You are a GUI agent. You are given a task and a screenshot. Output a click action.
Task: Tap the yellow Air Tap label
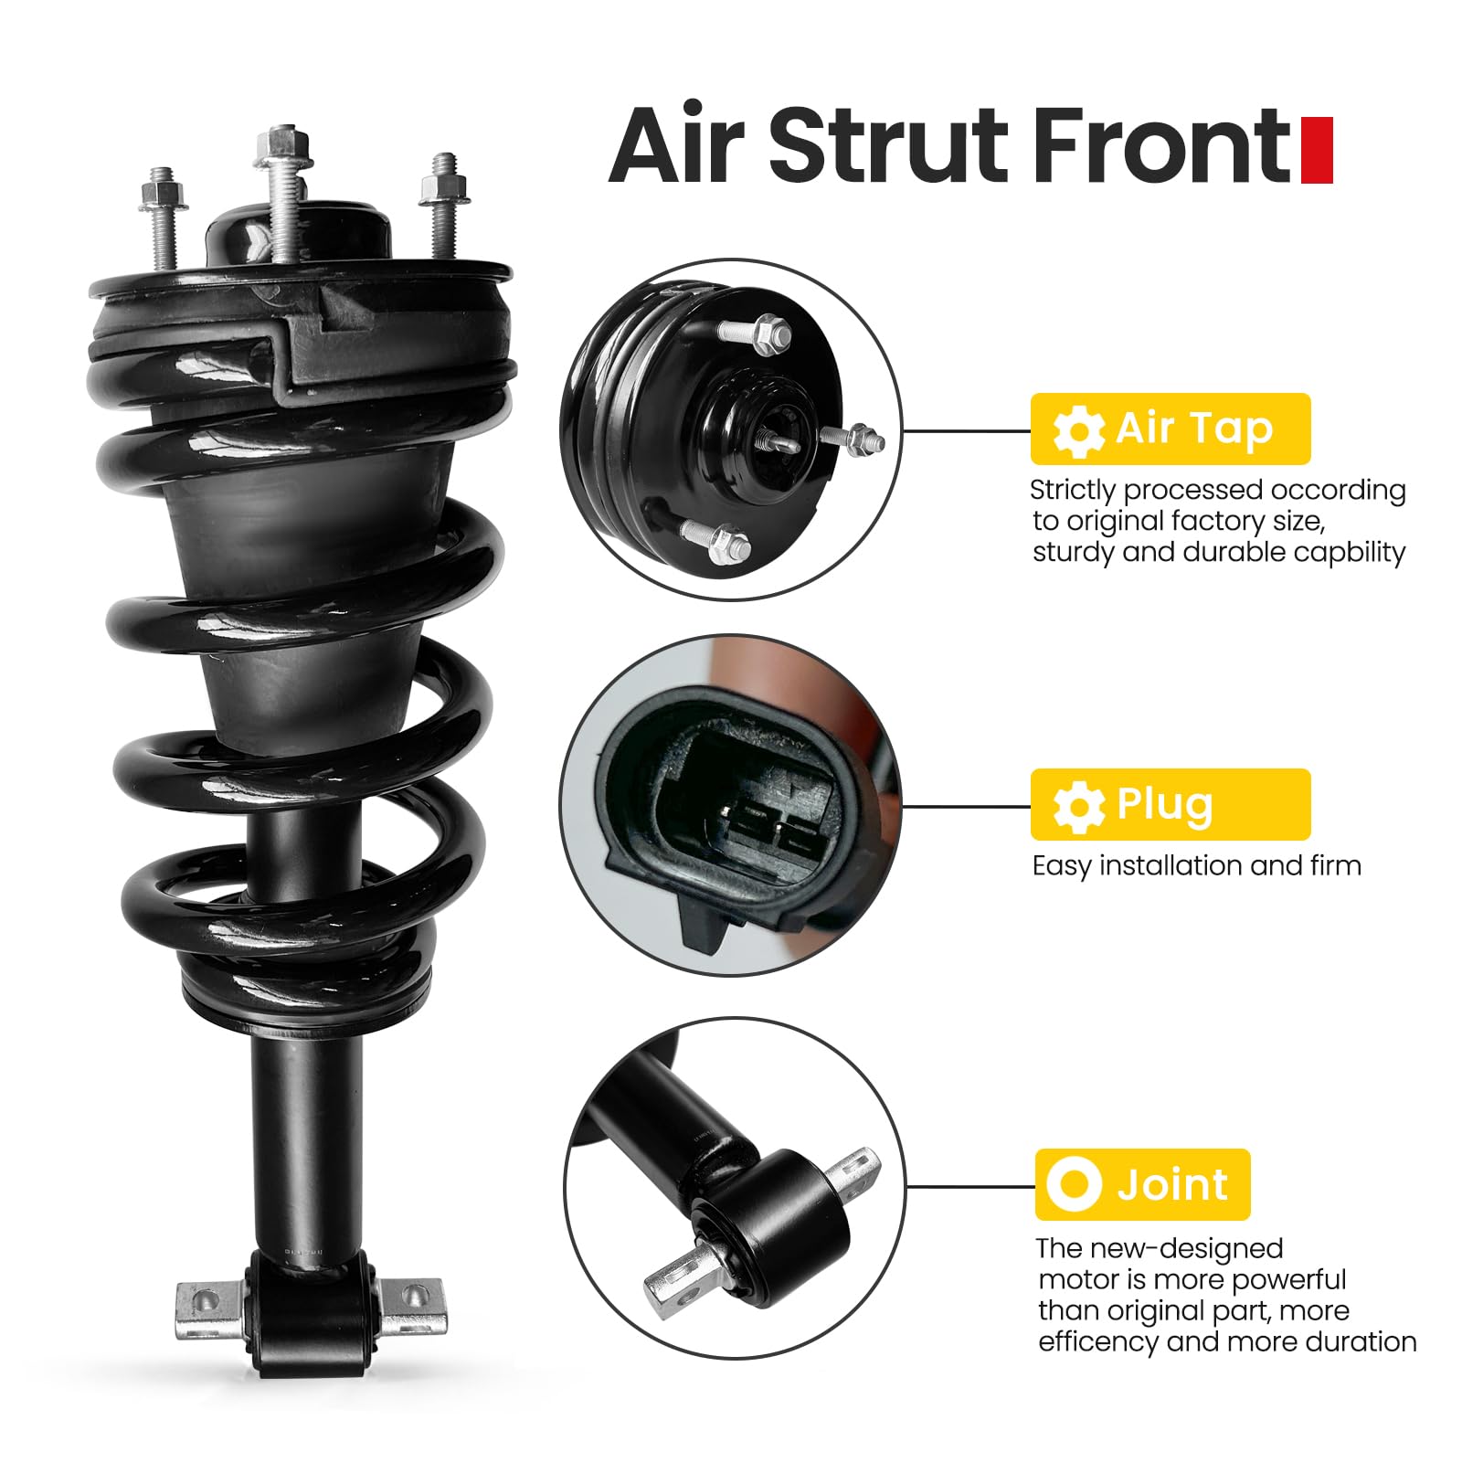tap(1170, 429)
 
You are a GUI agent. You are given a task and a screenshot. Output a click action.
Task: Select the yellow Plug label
tap(1170, 804)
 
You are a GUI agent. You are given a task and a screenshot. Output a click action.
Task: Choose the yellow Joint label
tap(1142, 1184)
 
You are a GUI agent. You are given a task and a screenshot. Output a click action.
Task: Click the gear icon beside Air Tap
tap(1078, 430)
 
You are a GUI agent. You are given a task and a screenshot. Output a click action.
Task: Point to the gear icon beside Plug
tap(1078, 806)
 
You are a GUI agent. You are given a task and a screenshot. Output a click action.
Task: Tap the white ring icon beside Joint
tap(1075, 1184)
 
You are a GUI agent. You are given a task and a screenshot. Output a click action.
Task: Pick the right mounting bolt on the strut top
tap(444, 203)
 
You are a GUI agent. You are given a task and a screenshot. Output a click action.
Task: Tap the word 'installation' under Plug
tap(1170, 865)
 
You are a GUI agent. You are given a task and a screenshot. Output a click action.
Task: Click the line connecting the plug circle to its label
tap(967, 806)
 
